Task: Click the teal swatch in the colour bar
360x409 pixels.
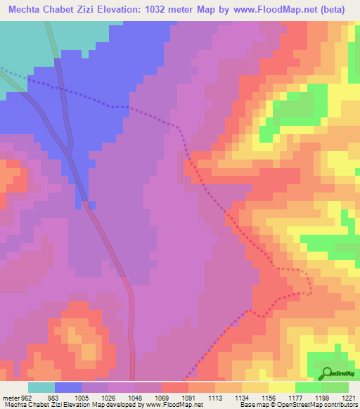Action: click(x=41, y=387)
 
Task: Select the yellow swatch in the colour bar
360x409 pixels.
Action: click(x=281, y=387)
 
